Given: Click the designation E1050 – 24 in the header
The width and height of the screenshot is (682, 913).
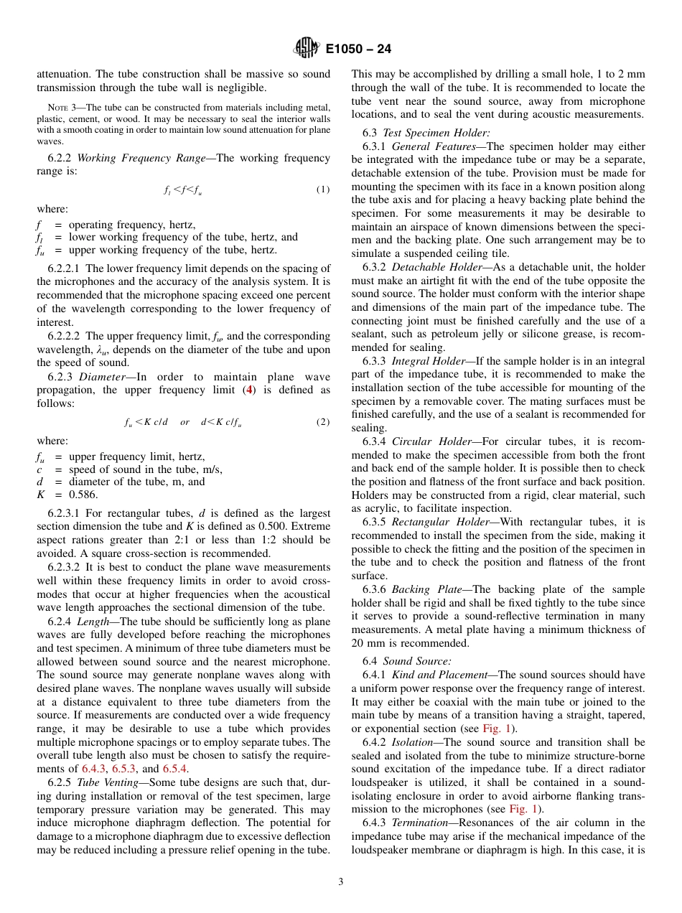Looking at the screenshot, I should (358, 50).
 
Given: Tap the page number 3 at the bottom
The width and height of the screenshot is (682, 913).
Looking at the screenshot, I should (341, 882).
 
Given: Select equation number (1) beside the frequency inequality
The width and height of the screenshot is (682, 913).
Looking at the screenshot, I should (323, 189).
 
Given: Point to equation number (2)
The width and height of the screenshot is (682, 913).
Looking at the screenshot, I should (323, 422).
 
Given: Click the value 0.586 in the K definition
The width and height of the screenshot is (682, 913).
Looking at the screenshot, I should (84, 495).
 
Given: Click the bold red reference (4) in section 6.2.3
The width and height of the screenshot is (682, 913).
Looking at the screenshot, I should (249, 390).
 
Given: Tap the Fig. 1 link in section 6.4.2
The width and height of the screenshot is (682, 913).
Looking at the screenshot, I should (523, 809).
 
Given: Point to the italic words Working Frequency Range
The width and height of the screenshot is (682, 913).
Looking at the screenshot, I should (144, 158).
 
